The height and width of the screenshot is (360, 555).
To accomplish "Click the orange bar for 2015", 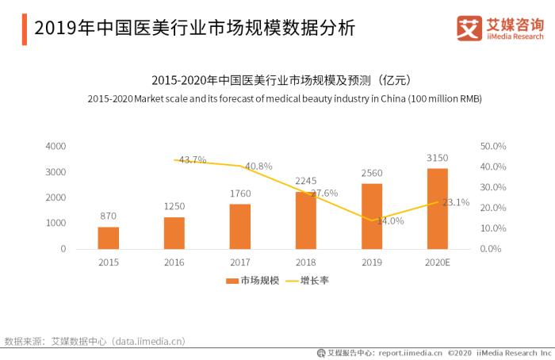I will pos(109,238).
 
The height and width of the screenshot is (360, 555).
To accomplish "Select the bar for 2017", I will pos(240,227).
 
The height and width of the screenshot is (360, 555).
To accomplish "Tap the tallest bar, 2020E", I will pos(437,209).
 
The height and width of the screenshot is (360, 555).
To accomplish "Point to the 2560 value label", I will pos(371,173).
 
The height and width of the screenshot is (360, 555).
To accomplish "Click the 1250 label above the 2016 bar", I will pos(174,206).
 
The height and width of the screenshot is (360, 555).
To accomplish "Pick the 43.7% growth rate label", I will pos(193,159).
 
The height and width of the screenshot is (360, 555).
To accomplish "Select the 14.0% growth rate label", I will pos(390,221).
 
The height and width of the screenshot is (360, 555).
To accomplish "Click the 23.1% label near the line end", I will pos(456,202).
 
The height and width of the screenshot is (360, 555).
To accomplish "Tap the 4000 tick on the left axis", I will pos(56,147).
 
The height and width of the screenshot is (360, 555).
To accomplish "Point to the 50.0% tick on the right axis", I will pos(493,147).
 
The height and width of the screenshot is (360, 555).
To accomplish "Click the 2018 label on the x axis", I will pos(305,262).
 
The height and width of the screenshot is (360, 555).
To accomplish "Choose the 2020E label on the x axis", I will pos(437,262).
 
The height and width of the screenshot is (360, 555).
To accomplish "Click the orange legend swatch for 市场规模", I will pos(232,281).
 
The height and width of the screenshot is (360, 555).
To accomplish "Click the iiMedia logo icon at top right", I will pos(470,28).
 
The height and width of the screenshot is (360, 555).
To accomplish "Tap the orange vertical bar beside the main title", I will pos(24,29).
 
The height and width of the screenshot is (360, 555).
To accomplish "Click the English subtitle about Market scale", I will pos(284,98).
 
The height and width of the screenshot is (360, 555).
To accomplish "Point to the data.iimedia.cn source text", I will pos(148,341).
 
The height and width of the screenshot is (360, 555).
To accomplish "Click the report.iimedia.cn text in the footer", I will pos(410,353).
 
